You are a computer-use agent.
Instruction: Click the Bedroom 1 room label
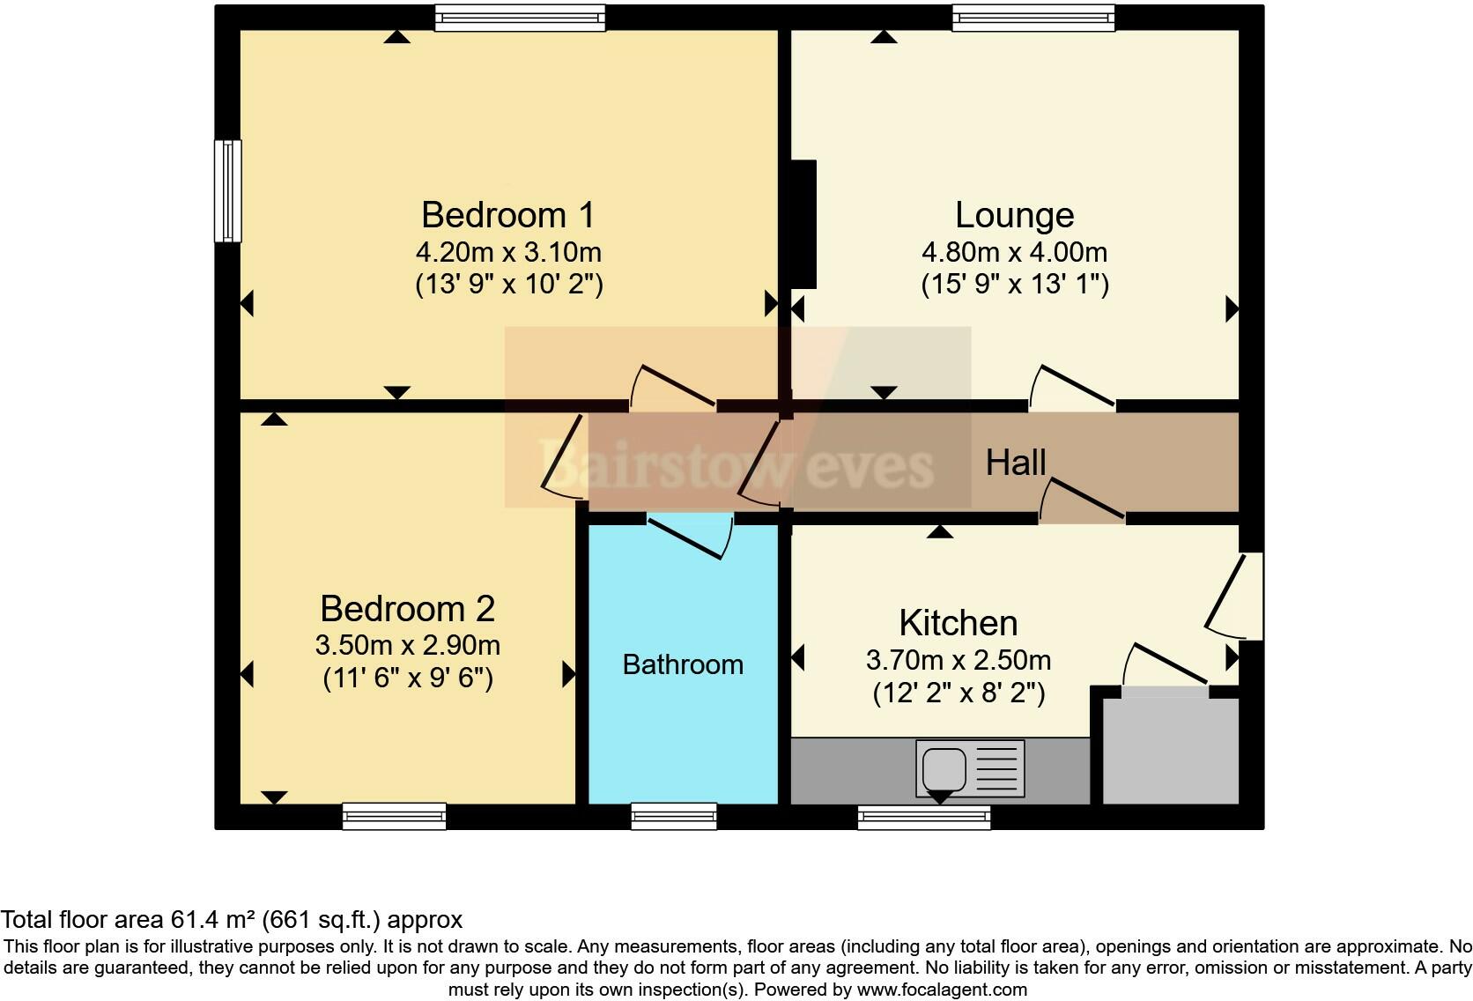(507, 215)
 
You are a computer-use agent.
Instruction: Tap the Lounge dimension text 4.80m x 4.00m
(1014, 253)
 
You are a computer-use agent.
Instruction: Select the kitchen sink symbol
(969, 768)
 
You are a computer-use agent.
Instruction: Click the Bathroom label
(683, 664)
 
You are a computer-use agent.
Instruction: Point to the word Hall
(1015, 463)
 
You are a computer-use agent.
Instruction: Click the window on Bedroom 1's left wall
(228, 190)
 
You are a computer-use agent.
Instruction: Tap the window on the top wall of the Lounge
(1033, 17)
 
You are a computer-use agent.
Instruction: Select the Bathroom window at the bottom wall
(674, 816)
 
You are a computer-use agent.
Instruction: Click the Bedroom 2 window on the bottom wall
(394, 816)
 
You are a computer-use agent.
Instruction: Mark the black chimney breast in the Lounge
(803, 224)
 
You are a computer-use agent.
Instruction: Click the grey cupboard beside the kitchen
(1170, 749)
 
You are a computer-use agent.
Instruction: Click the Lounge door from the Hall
(1070, 389)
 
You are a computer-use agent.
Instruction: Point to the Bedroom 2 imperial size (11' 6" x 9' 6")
(408, 678)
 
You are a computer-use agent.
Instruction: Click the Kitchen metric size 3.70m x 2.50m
(958, 660)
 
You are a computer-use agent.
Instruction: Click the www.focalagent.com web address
(942, 990)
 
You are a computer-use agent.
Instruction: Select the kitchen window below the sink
(924, 817)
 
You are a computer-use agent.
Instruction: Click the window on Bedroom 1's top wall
(520, 17)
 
